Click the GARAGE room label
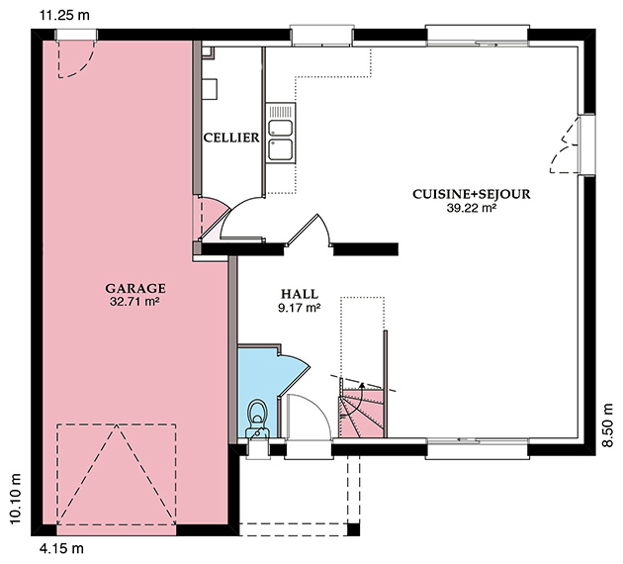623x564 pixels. (x=135, y=288)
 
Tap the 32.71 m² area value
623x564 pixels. (x=134, y=301)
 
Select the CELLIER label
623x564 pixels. (x=231, y=138)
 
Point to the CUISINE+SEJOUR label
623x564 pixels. (x=472, y=194)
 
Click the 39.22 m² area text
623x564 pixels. (x=472, y=208)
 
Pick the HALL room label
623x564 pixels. (x=300, y=294)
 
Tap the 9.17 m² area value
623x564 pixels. (x=300, y=308)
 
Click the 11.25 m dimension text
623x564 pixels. (x=64, y=15)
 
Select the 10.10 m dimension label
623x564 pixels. (x=14, y=499)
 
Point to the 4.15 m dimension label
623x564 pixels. (x=61, y=549)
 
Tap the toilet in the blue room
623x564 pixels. (x=257, y=420)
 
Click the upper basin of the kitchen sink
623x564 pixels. (x=281, y=128)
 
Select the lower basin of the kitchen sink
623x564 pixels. (x=281, y=149)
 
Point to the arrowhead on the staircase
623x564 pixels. (x=362, y=384)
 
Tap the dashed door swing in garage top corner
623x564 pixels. (x=77, y=58)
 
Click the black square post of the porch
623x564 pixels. (x=353, y=529)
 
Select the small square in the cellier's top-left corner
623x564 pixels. (x=208, y=52)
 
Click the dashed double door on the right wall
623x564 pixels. (x=564, y=145)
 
